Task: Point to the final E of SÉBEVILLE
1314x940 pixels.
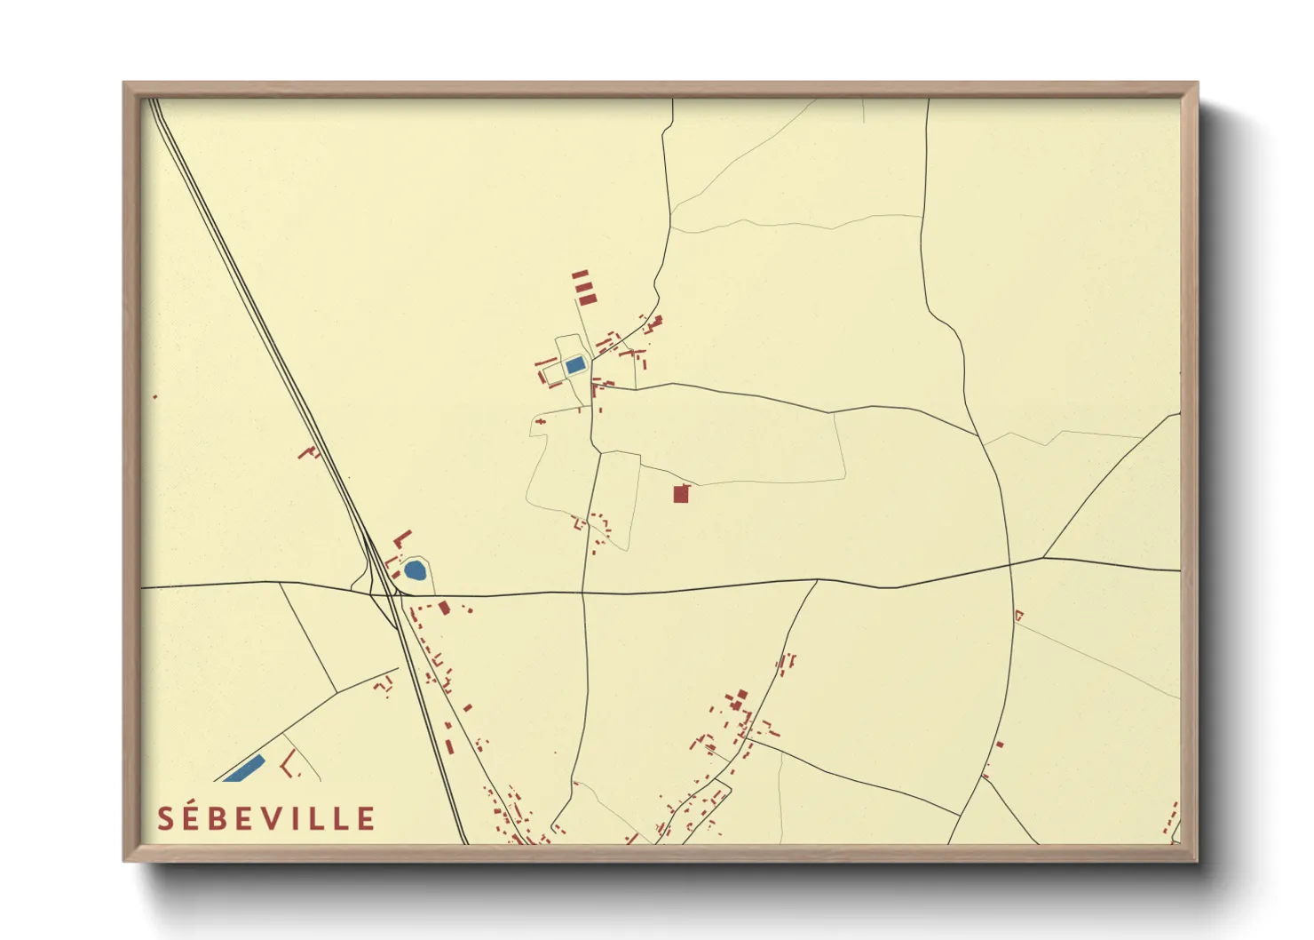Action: (x=367, y=818)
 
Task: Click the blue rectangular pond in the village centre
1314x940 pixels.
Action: (x=575, y=364)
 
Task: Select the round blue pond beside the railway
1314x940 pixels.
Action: (x=415, y=570)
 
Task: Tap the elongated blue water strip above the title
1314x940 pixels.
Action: (x=244, y=768)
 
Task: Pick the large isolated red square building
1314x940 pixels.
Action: (x=681, y=494)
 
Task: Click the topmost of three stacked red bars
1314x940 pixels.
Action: (x=580, y=275)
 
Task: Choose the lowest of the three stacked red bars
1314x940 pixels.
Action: (x=587, y=300)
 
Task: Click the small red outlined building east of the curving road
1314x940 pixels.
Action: (x=1018, y=615)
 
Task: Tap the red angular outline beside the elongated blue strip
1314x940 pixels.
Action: (x=288, y=763)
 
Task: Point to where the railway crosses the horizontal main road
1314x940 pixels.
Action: (x=388, y=593)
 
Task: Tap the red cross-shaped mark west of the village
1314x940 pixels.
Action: (x=310, y=452)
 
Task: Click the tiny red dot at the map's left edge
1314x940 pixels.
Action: (x=155, y=396)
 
